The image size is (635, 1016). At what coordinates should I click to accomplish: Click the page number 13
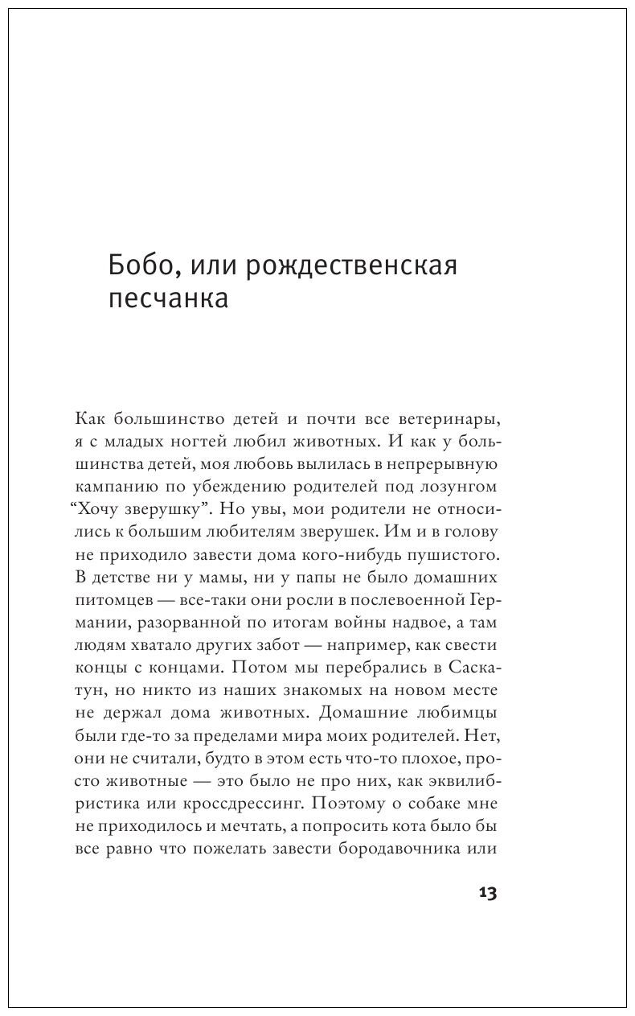(488, 893)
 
